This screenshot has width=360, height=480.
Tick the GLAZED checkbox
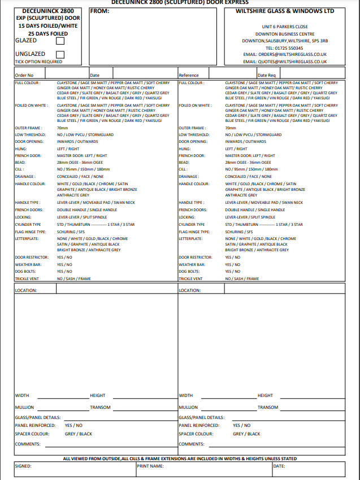(x=60, y=41)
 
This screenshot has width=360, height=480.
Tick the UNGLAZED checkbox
(x=60, y=54)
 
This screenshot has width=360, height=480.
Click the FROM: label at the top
(x=99, y=11)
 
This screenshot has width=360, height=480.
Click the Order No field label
(x=24, y=75)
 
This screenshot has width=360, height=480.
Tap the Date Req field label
(x=267, y=75)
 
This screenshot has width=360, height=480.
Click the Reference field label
(x=189, y=75)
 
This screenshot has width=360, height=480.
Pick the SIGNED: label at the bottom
(x=24, y=466)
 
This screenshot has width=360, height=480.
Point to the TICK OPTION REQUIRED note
(x=38, y=62)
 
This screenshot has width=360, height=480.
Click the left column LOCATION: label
(x=26, y=290)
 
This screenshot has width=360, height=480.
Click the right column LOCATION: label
(x=190, y=290)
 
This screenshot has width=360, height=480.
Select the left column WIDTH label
(x=22, y=396)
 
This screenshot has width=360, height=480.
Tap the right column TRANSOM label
(x=268, y=407)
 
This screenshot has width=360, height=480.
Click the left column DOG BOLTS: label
(x=26, y=272)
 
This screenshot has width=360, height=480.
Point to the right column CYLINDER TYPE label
(x=192, y=224)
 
